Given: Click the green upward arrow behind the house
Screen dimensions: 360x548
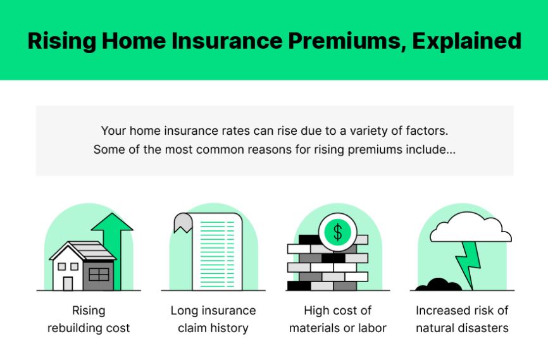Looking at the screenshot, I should pos(112,240).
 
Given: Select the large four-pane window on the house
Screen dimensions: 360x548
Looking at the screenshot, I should pos(99,274).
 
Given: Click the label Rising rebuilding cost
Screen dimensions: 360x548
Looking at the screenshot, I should pos(89,320).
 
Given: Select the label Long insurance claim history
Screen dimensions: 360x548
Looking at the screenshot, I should pos(213,320).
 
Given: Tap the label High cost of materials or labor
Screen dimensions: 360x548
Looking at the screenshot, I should pos(337,320).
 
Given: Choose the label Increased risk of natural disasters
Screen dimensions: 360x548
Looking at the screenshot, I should pos(462,320).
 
